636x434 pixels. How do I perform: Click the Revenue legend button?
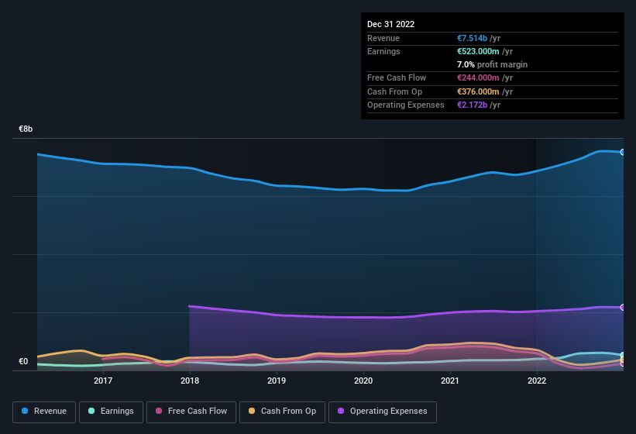click(x=44, y=412)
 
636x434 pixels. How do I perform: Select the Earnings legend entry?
click(x=111, y=412)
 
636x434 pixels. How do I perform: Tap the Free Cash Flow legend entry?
click(x=191, y=412)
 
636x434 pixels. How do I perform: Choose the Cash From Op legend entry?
click(x=281, y=412)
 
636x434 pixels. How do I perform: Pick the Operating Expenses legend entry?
click(x=382, y=412)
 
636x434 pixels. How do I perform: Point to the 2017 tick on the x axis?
click(x=103, y=381)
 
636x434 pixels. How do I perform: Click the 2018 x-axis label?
click(x=190, y=381)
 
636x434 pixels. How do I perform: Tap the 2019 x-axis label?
click(x=277, y=381)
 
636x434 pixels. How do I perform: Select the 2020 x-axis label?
click(x=363, y=381)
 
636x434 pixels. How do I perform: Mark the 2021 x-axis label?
click(x=450, y=381)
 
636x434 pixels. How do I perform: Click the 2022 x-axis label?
click(x=537, y=381)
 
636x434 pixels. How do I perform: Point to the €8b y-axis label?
click(x=26, y=129)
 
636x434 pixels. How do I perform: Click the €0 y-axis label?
click(x=23, y=361)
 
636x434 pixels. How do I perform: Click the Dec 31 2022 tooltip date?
click(x=391, y=24)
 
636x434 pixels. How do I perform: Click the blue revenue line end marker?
click(x=623, y=152)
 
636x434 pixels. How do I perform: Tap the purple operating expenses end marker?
click(x=623, y=308)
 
